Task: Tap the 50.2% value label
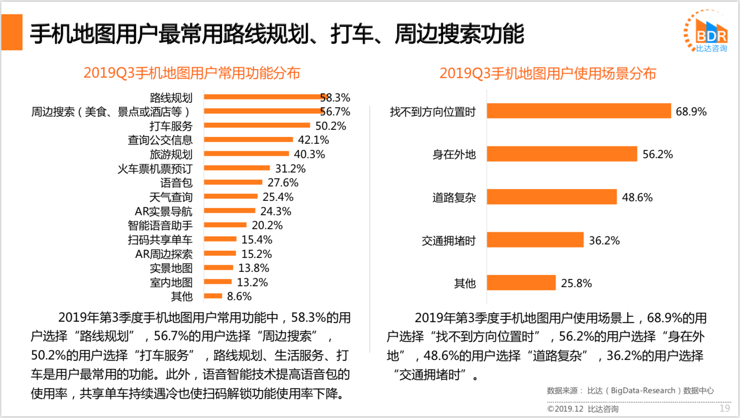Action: [330, 126]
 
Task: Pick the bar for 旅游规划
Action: [246, 154]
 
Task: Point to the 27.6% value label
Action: [283, 182]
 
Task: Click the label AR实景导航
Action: [163, 211]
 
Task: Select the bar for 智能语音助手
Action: [225, 225]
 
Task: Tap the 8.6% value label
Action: [239, 297]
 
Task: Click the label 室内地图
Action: [171, 282]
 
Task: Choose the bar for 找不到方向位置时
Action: [578, 111]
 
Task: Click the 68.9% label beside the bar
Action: [691, 111]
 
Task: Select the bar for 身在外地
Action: [562, 154]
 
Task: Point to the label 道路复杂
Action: [454, 197]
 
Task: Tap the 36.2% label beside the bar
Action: [604, 240]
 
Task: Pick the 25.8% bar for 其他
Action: [521, 283]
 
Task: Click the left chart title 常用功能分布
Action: [192, 73]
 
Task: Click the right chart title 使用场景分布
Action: [547, 73]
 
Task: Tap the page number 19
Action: [724, 408]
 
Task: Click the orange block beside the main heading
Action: [12, 32]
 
